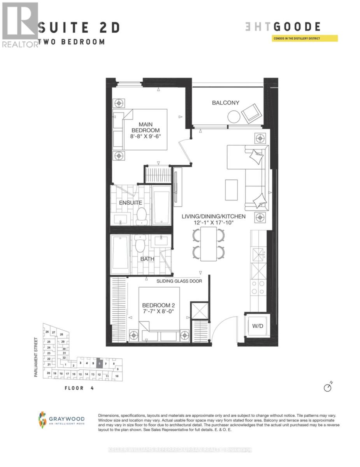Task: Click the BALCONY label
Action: click(225, 103)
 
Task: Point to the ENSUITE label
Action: click(130, 203)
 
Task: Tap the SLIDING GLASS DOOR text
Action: click(179, 281)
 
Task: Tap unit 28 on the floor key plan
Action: click(61, 334)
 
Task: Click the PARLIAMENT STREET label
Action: click(36, 357)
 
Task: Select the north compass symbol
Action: click(328, 388)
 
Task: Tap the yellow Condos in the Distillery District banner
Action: click(305, 39)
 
